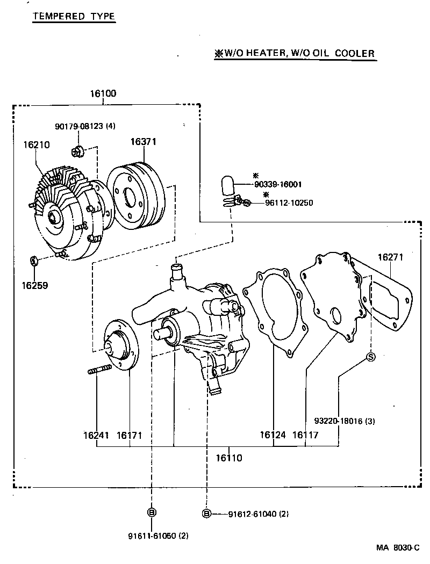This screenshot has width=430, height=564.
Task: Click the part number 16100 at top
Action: [x=103, y=93]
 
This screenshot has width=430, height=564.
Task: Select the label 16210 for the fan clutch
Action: [x=36, y=144]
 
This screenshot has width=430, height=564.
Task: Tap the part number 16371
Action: [x=143, y=142]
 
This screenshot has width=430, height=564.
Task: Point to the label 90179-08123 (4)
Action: [x=85, y=126]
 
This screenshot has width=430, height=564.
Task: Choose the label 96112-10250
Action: [x=289, y=203]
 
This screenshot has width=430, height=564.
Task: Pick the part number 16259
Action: [x=35, y=285]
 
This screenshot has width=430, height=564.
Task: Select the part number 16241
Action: [x=96, y=435]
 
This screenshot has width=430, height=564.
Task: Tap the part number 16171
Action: [x=130, y=435]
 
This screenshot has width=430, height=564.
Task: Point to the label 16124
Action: [x=273, y=435]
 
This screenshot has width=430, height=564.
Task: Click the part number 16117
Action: [x=305, y=435]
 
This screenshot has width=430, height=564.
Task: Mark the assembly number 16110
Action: [x=229, y=458]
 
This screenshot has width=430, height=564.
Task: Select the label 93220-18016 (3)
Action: [x=345, y=421]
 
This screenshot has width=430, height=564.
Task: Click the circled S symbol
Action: [x=371, y=357]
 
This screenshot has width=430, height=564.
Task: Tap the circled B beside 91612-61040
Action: [x=206, y=514]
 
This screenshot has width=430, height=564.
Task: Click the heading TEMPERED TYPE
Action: [x=74, y=16]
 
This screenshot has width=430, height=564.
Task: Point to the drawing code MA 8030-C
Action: [x=397, y=548]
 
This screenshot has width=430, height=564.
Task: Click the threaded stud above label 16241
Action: [x=98, y=370]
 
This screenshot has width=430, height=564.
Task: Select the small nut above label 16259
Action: [x=33, y=261]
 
